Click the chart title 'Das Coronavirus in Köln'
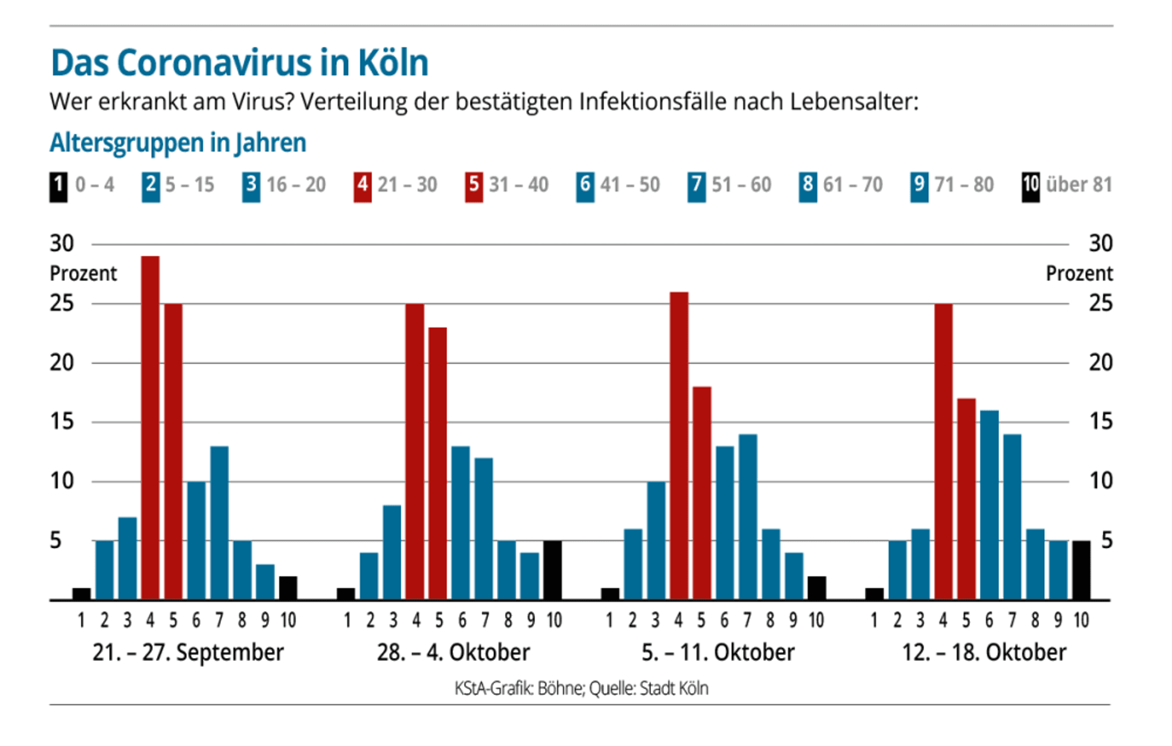point(240,62)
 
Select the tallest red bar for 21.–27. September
point(151,428)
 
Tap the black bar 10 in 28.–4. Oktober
point(553,570)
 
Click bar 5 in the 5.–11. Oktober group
point(702,493)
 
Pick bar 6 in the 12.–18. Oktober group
point(989,505)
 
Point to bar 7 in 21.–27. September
point(220,523)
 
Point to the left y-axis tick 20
point(62,363)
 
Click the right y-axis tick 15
point(1101,422)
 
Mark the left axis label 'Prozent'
point(83,274)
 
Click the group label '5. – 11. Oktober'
point(718,652)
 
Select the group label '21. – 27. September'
point(188,652)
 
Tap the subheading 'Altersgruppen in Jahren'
point(178,143)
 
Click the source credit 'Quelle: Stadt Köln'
point(649,688)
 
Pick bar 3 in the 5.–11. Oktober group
point(656,540)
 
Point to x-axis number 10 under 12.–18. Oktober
point(1081,620)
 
